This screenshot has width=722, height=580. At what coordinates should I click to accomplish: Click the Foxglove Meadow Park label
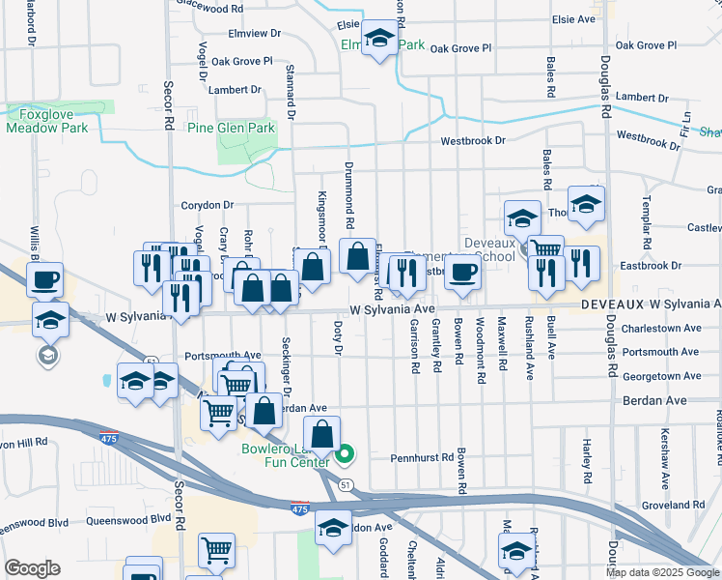coord(48,120)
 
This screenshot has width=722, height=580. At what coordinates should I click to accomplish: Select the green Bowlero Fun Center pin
coord(345,451)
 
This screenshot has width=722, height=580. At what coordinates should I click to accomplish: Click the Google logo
coord(32,568)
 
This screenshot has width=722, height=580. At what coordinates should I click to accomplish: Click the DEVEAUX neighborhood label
coord(612,304)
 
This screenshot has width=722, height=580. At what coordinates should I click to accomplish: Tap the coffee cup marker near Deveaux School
coord(462,274)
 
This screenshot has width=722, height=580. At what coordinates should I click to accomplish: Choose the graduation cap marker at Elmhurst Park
coord(380,42)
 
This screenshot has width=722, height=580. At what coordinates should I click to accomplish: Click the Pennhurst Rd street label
coord(421,457)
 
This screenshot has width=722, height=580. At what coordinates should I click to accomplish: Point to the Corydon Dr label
coord(208,205)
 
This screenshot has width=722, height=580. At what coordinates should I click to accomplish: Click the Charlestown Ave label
coord(660,328)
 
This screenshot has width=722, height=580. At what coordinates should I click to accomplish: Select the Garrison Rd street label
coord(414,347)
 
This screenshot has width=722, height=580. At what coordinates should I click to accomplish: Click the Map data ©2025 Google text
coord(661,572)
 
